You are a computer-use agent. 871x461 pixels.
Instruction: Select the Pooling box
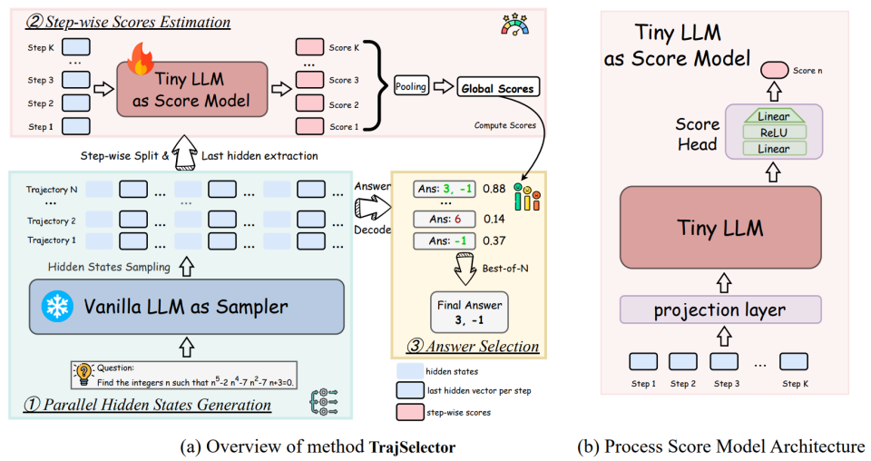tap(411, 86)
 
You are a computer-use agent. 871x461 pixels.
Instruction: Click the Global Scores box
tap(497, 88)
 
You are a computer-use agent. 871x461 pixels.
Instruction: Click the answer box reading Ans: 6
tap(443, 220)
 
